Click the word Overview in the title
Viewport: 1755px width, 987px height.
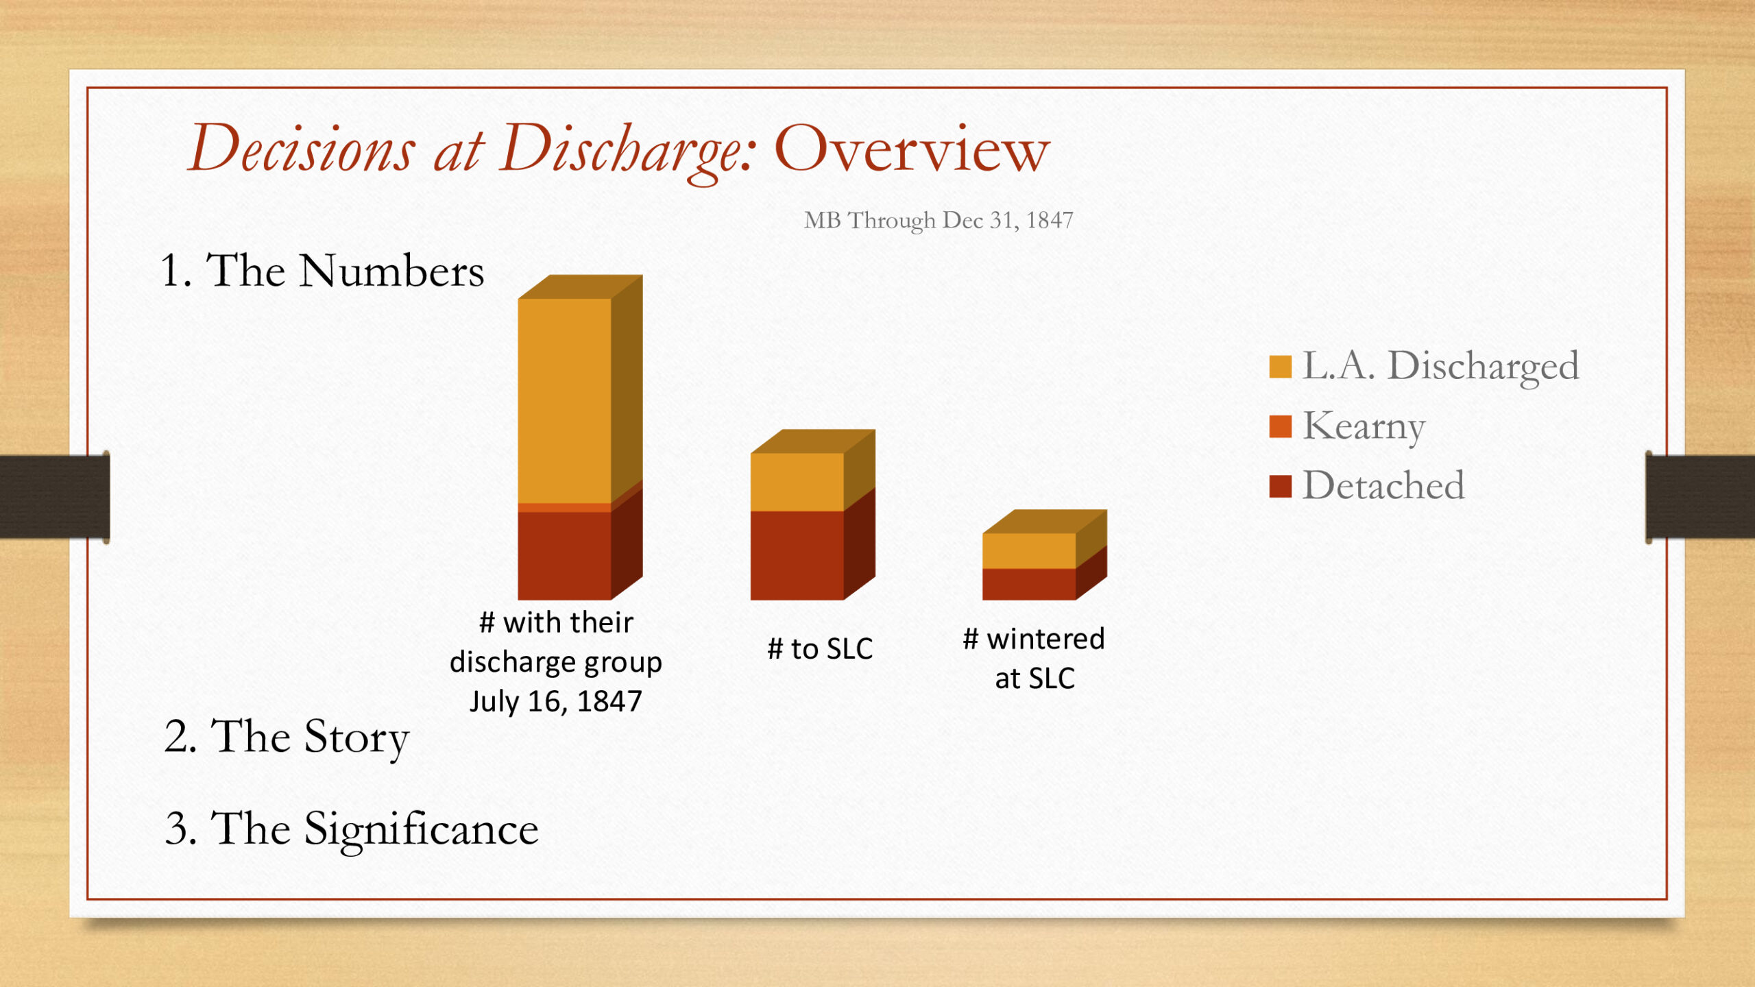tap(912, 149)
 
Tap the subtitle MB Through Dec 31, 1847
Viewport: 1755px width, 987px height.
tap(939, 220)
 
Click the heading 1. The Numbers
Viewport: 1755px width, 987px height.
tap(322, 270)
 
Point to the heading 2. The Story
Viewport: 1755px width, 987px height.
tap(287, 737)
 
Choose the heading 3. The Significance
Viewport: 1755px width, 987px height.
tap(352, 829)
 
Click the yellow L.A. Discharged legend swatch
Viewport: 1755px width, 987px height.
tap(1280, 367)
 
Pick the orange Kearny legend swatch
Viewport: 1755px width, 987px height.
tap(1280, 426)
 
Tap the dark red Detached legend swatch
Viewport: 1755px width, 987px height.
tap(1280, 486)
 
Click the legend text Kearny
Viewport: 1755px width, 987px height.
tap(1364, 427)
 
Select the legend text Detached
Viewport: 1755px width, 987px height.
tap(1383, 485)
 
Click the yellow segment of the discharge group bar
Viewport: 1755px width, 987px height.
tap(564, 401)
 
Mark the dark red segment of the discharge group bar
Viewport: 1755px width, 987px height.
tap(564, 556)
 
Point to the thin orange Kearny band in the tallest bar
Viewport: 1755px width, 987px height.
tap(564, 508)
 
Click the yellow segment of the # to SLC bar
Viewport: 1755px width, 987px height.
tap(797, 482)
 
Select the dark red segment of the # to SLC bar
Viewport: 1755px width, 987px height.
tap(797, 555)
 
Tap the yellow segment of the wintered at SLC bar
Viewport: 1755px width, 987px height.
tap(1029, 551)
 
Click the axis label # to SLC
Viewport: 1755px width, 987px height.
tap(820, 648)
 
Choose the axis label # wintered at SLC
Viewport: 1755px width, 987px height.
tap(1034, 658)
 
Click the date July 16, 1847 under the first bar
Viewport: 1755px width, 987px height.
tap(556, 701)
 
